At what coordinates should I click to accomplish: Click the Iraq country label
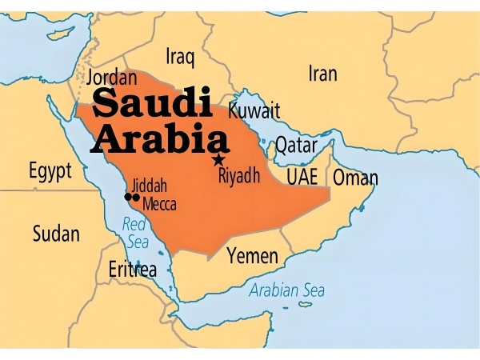tap(180, 56)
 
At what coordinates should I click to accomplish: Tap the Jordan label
tap(111, 78)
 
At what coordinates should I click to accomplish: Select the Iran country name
tap(322, 74)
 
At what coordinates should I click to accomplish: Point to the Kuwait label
tap(254, 110)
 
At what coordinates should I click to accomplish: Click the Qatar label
tap(297, 145)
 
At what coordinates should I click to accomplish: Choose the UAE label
tap(302, 177)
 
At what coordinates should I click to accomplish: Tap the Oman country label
tap(355, 178)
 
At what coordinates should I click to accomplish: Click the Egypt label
tap(50, 170)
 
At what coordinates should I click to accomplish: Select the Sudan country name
tap(56, 234)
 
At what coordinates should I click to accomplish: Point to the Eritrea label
tap(133, 270)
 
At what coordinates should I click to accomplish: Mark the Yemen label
tap(253, 257)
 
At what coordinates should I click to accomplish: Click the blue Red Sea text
tap(135, 233)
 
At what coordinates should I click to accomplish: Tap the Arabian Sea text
tap(287, 290)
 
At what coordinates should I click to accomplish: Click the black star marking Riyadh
tap(218, 160)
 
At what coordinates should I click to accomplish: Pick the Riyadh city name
tap(239, 176)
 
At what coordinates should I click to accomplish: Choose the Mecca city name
tap(159, 204)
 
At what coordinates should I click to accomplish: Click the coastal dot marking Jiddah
tap(127, 197)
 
